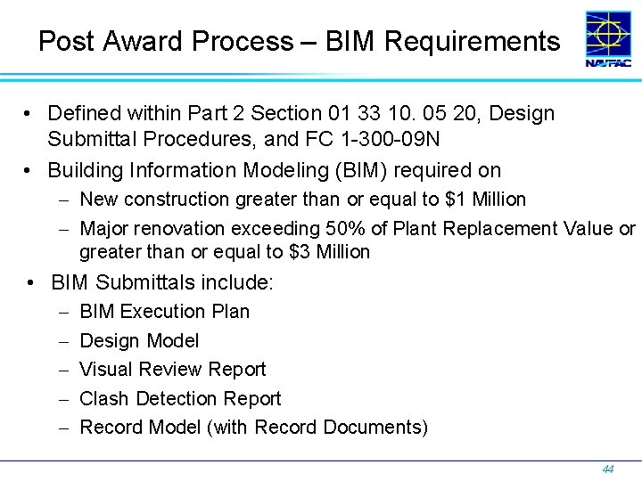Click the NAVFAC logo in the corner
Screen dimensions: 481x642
[610, 39]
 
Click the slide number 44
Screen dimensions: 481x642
[608, 469]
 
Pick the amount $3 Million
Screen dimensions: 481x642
[330, 252]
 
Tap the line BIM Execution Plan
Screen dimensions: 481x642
[165, 312]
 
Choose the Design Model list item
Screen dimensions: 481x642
[139, 340]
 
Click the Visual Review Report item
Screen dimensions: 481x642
[173, 370]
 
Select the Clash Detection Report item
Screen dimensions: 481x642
[180, 398]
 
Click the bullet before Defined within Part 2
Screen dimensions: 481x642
[29, 114]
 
